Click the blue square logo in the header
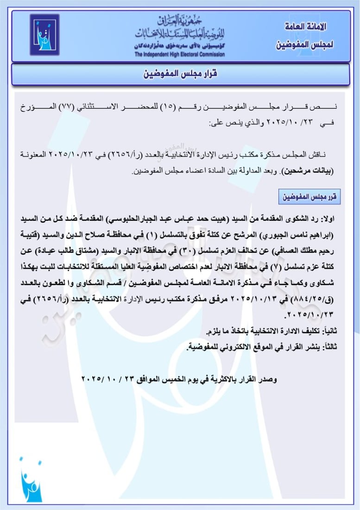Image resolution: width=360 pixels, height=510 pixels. coord(44,35)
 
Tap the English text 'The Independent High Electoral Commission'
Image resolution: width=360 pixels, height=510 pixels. coord(180,55)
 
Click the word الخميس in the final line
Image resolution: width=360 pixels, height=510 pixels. coord(171,379)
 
